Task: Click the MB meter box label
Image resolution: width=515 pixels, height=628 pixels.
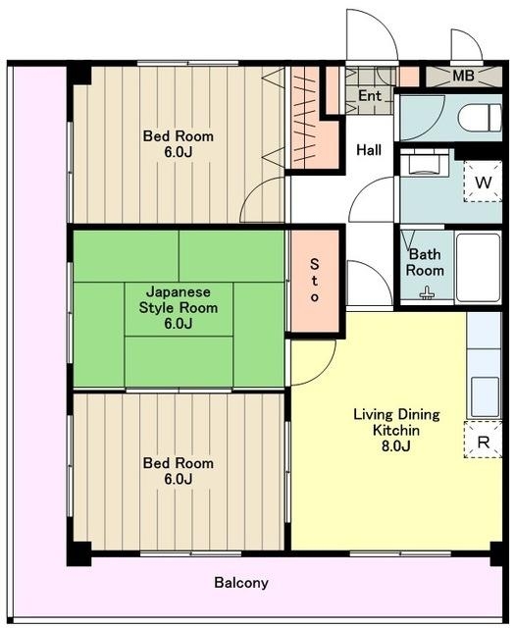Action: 463,76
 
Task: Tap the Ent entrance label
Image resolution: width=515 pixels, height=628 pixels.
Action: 370,96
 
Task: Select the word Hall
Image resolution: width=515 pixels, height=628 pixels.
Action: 369,150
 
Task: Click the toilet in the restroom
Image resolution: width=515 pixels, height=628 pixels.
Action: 480,118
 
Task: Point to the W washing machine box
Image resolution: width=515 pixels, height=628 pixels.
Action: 483,182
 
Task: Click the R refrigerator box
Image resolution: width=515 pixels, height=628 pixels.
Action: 483,440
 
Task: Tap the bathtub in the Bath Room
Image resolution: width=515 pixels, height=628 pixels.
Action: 479,267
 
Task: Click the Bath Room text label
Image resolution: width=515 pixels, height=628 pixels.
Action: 425,262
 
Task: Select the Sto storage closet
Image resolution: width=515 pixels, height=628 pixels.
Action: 315,282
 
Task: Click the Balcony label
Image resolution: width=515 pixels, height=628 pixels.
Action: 241,582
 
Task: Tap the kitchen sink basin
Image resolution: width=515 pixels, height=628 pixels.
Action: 485,396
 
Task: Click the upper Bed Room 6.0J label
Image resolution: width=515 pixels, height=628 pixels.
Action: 179,144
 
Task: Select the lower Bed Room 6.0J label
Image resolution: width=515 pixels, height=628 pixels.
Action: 179,471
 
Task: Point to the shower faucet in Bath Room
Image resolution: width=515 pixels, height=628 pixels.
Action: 427,294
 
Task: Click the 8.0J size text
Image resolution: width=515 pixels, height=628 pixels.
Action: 395,445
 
